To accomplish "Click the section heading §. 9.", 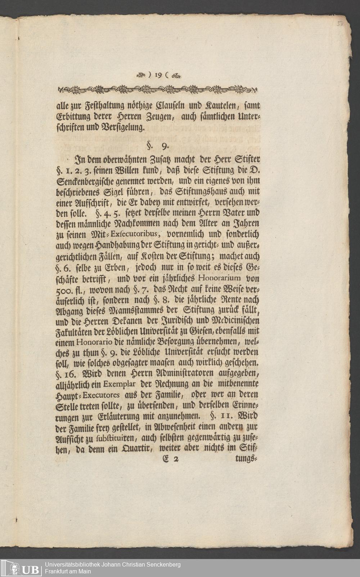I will pyautogui.click(x=158, y=146).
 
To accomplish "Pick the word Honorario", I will pyautogui.click(x=95, y=341).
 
